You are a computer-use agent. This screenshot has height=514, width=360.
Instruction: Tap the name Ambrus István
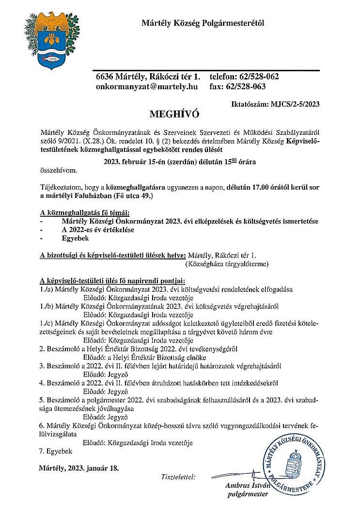coord(247,485)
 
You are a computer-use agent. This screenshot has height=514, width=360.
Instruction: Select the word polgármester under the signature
coord(247,494)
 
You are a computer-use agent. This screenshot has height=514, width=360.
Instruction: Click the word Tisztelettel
coord(178,477)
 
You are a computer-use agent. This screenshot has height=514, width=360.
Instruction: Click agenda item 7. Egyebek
coord(55,451)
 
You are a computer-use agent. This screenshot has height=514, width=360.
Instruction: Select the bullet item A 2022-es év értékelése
coord(97,230)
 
